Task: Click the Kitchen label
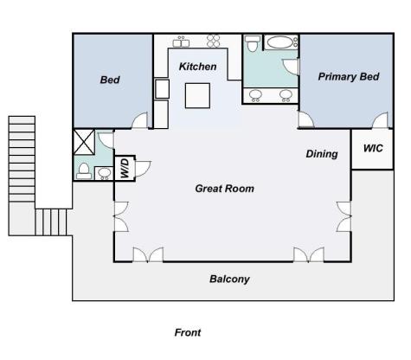tap(197, 67)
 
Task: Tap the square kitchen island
tap(197, 96)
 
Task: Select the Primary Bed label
tap(349, 77)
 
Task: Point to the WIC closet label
tap(373, 148)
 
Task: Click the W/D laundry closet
tap(125, 169)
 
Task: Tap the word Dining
tap(322, 154)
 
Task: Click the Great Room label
tap(225, 189)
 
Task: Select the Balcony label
tap(229, 280)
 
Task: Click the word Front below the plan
tap(188, 332)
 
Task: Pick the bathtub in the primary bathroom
tap(281, 42)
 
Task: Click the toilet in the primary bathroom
tap(252, 43)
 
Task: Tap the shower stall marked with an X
tap(84, 142)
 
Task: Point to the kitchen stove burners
tap(214, 41)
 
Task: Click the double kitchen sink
tap(181, 42)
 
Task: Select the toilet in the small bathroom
tap(84, 171)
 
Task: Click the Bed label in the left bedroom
tap(110, 80)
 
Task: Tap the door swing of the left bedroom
tap(140, 120)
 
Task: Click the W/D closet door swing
tap(143, 169)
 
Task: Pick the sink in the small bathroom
tap(104, 173)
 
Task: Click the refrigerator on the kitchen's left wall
tap(162, 89)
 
